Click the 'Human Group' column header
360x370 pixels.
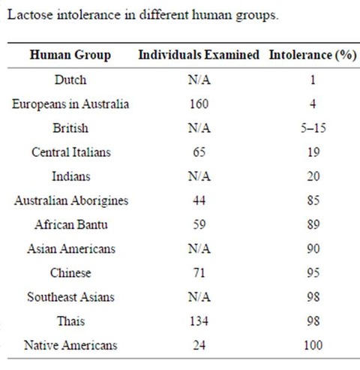[70, 56]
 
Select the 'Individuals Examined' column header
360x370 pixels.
[199, 55]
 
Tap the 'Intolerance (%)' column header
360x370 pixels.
[313, 56]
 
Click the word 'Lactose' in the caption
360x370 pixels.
[30, 14]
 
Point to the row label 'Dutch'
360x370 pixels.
[70, 80]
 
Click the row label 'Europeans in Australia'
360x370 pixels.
[70, 104]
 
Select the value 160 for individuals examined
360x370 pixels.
[199, 104]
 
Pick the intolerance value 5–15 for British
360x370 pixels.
[313, 128]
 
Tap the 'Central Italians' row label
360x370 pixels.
[71, 152]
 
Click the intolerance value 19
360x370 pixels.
[313, 152]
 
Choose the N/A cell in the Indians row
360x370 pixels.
[199, 176]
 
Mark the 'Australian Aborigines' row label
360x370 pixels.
[71, 201]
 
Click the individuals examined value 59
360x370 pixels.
[199, 224]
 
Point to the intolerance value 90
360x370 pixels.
[313, 248]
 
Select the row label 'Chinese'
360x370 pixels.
[70, 272]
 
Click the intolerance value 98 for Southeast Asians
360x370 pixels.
[313, 297]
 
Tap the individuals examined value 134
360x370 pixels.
[199, 321]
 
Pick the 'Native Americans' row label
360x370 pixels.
[70, 345]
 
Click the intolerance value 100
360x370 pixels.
[313, 345]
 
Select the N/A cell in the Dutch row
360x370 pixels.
[199, 80]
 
